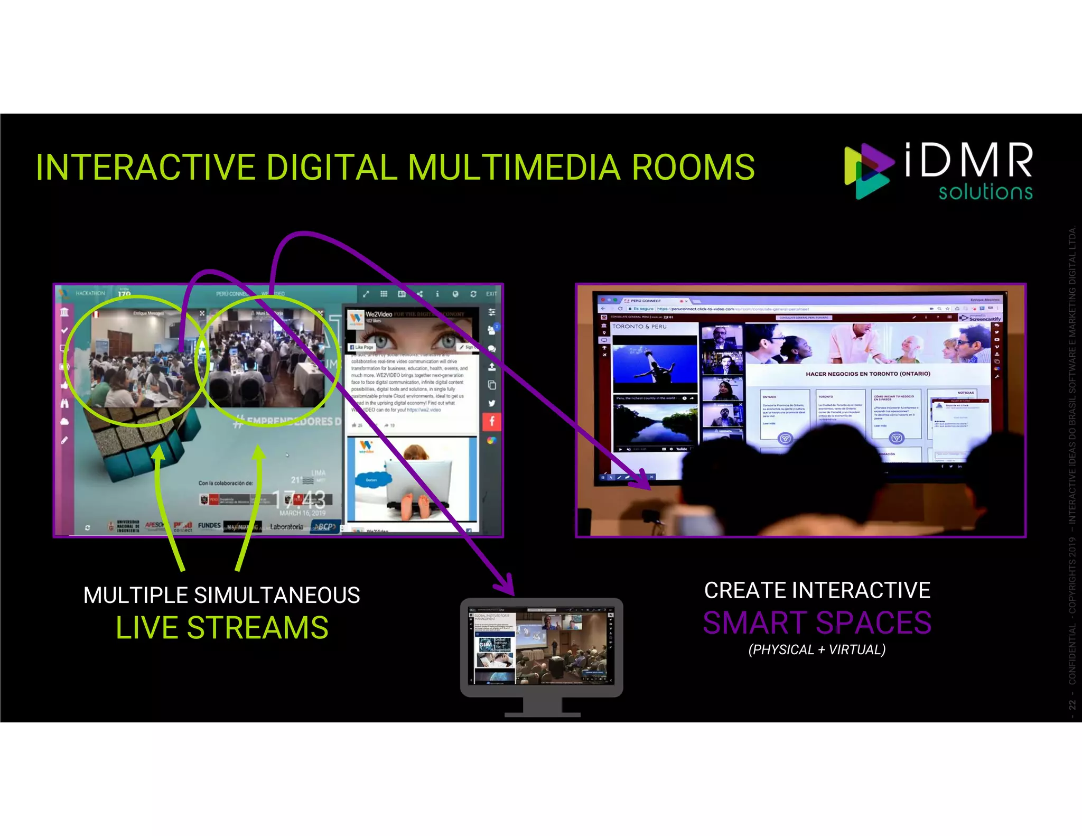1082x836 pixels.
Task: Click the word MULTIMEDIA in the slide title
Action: [x=514, y=168]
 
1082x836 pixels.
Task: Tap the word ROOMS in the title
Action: [x=693, y=168]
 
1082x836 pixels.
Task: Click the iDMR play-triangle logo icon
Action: [x=868, y=171]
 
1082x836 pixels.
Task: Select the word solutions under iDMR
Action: [x=985, y=191]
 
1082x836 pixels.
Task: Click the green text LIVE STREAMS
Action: [x=222, y=628]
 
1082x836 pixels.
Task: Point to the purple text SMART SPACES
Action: [x=817, y=623]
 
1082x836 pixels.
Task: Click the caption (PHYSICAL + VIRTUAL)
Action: [x=817, y=649]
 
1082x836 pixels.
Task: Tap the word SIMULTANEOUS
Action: [x=277, y=596]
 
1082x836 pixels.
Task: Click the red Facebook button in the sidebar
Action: [x=491, y=421]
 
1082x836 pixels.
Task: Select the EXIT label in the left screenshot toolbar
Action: [x=491, y=294]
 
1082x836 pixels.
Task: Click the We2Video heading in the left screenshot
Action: [x=379, y=314]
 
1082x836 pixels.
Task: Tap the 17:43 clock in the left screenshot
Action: [x=299, y=498]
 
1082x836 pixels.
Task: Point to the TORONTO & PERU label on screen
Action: [x=639, y=327]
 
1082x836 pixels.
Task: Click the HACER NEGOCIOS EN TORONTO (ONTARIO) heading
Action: [x=868, y=374]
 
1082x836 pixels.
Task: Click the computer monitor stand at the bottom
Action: [x=542, y=707]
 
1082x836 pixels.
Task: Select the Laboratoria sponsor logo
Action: [x=286, y=526]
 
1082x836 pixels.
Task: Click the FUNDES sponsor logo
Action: [x=209, y=525]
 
